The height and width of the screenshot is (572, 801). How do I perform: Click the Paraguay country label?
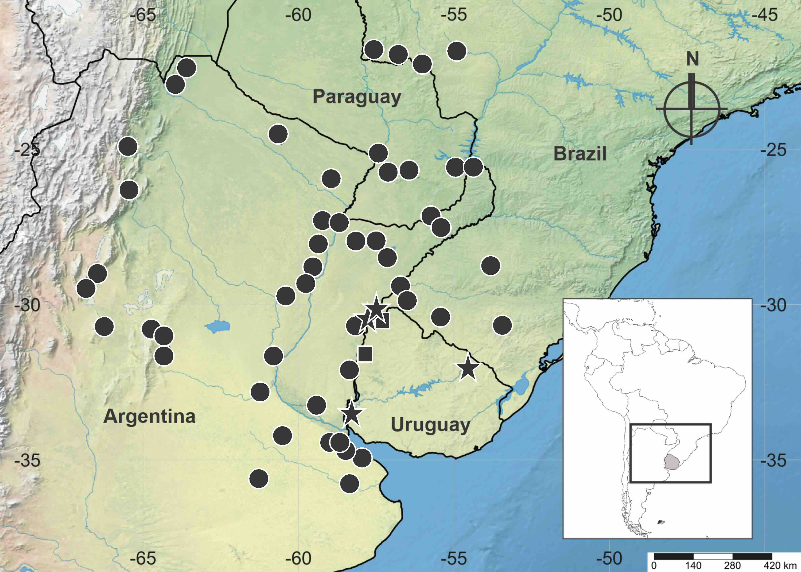(357, 97)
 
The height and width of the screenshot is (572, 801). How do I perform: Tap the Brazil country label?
(580, 154)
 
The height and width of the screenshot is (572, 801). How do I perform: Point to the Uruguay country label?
(430, 425)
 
